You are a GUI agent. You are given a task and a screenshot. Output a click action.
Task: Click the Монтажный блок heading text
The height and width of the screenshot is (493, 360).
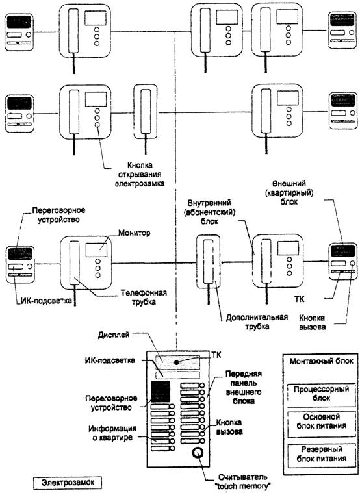point(321,361)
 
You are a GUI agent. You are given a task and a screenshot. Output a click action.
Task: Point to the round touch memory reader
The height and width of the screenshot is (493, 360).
point(198,453)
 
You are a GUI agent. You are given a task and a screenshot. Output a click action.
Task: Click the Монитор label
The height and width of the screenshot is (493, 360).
point(135,233)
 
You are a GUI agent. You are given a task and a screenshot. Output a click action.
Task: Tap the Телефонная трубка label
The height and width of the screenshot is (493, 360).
point(144,297)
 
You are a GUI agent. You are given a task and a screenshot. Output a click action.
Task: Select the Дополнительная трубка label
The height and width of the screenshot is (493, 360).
point(257,322)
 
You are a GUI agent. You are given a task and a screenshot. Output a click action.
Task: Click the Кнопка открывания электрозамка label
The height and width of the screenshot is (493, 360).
point(140,174)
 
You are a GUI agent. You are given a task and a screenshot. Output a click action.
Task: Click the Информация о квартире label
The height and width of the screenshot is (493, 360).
point(112,433)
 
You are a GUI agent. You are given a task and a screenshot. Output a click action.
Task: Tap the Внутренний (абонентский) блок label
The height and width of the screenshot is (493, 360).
point(209,211)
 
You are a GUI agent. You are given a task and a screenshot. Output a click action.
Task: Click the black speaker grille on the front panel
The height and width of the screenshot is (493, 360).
point(161,391)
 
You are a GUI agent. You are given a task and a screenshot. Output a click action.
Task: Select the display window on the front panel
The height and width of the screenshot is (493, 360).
point(177,363)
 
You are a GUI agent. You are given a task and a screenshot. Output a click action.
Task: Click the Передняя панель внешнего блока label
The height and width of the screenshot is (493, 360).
point(244,387)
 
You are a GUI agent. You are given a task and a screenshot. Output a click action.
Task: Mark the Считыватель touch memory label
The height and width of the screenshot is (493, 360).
point(242,481)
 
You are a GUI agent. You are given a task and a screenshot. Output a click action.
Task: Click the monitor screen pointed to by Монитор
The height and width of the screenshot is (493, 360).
point(96,250)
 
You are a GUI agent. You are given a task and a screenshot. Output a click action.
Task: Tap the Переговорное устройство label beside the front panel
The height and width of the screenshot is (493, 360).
point(111,403)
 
